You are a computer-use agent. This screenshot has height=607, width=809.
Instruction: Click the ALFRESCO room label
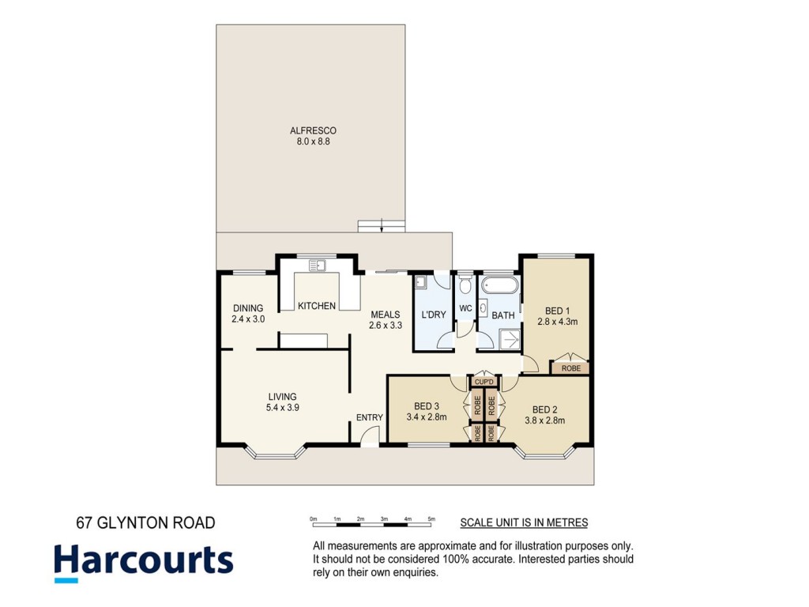pos(313,130)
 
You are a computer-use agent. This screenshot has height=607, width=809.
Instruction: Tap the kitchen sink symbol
pos(317,266)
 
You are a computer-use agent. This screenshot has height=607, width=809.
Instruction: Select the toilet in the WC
pos(465,284)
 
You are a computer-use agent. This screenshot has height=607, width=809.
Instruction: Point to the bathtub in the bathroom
pos(499,285)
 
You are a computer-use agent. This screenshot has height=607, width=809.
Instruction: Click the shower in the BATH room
pos(510,340)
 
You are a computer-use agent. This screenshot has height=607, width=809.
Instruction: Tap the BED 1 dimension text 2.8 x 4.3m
pos(557,322)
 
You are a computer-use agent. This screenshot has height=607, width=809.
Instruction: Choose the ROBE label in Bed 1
pos(570,368)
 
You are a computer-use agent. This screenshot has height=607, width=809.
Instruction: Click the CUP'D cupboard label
pos(484,382)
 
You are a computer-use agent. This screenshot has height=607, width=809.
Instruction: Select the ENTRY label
pos(370,417)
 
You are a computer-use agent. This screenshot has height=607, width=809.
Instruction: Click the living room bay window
pos(276,451)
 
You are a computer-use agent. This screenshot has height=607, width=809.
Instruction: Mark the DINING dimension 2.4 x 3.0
pos(248,319)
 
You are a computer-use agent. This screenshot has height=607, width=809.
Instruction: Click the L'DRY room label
pos(434,315)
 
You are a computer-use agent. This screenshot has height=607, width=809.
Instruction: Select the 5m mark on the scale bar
pos(431,518)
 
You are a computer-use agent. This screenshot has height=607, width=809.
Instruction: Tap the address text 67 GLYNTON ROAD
pos(145,523)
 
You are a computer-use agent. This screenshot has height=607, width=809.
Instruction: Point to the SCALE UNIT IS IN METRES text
pos(524,523)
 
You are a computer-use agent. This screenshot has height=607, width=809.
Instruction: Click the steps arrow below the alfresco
pos(382,226)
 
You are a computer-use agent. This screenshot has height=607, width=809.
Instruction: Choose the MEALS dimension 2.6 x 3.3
pos(386,325)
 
